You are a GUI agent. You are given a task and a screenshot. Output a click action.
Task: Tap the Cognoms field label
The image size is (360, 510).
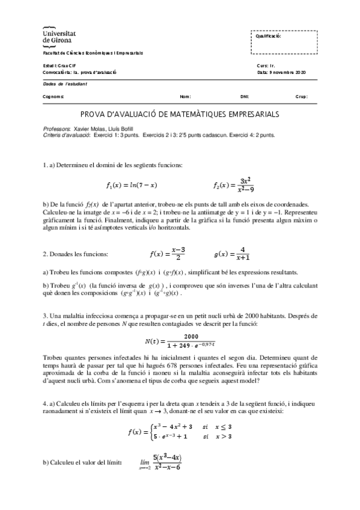coord(53,96)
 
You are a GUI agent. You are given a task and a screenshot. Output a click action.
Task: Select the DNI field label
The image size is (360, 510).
coord(244,96)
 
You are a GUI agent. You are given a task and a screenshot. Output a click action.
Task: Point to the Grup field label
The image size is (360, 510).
coord(302,96)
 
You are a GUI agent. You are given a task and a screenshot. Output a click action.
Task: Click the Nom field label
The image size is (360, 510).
coord(185,96)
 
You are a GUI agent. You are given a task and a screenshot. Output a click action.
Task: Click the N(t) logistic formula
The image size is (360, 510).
coord(180,341)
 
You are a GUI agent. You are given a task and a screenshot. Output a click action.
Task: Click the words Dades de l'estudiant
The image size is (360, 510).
coord(65,84)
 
